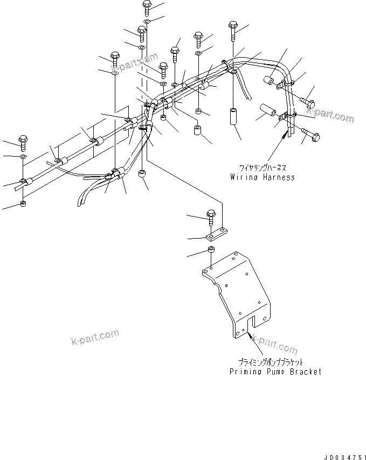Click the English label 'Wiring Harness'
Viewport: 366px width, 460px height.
(262, 177)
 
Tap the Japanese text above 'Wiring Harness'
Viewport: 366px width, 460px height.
(262, 168)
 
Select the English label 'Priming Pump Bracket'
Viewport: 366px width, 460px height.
(275, 371)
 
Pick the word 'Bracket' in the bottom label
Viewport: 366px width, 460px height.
(306, 371)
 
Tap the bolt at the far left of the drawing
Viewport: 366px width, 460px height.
(23, 142)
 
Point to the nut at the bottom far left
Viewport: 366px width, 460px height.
(23, 204)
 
